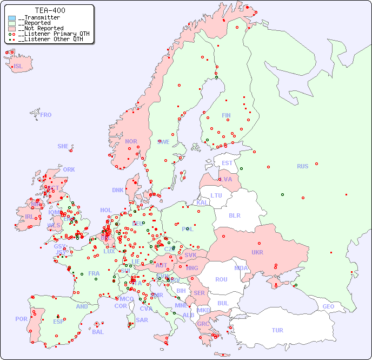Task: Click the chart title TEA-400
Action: [50, 10]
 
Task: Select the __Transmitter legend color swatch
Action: [12, 18]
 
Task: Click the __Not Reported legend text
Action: [41, 28]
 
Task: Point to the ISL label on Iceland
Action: [18, 67]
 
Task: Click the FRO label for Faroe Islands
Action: [46, 115]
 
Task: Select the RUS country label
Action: [302, 166]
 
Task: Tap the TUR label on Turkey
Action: [277, 330]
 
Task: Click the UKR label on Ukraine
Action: [257, 252]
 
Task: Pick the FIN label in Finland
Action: [226, 115]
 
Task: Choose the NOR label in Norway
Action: [131, 141]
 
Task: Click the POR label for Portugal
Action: [21, 319]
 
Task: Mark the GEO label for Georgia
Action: [328, 306]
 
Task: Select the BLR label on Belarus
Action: [235, 215]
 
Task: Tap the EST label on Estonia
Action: [227, 163]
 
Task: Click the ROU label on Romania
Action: [221, 279]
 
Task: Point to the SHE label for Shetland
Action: [63, 146]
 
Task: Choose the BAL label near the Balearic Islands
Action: [97, 332]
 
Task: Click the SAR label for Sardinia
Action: [142, 319]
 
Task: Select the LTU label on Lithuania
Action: [216, 195]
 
